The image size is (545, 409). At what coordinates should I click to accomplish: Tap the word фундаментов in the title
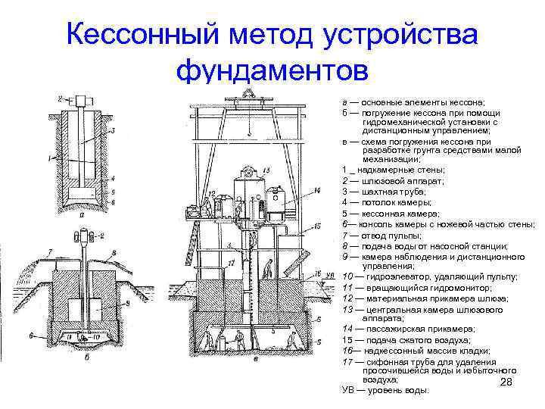point(272,70)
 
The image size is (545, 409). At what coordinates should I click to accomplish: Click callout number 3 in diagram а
point(112,130)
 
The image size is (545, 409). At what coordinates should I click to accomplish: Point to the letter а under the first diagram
point(81,214)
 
